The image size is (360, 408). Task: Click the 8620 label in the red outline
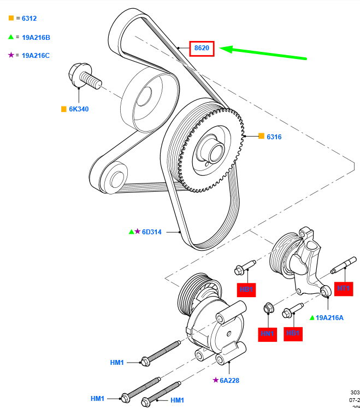(202, 48)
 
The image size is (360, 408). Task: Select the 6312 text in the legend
(28, 18)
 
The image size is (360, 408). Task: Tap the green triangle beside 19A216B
(11, 37)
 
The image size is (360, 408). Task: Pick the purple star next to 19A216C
(11, 55)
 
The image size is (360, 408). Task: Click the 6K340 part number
(79, 109)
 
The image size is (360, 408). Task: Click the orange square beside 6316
(261, 136)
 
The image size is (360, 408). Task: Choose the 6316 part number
(274, 137)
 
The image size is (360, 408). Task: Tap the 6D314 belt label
(152, 232)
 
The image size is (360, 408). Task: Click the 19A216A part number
(330, 317)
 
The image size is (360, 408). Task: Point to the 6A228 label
(229, 380)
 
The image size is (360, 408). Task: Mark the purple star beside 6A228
(216, 380)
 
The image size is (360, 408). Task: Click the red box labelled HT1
(344, 287)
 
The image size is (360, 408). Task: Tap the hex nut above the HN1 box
(268, 309)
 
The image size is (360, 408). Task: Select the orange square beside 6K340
(64, 109)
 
